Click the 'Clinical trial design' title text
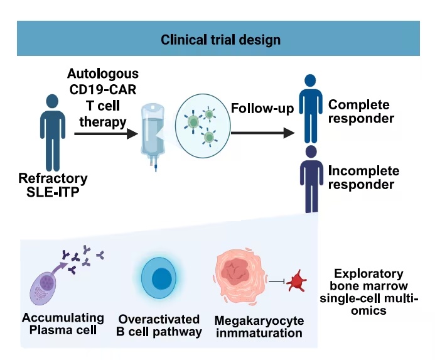pos(220,39)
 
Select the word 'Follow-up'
pos(262,108)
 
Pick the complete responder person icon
pos(308,108)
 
